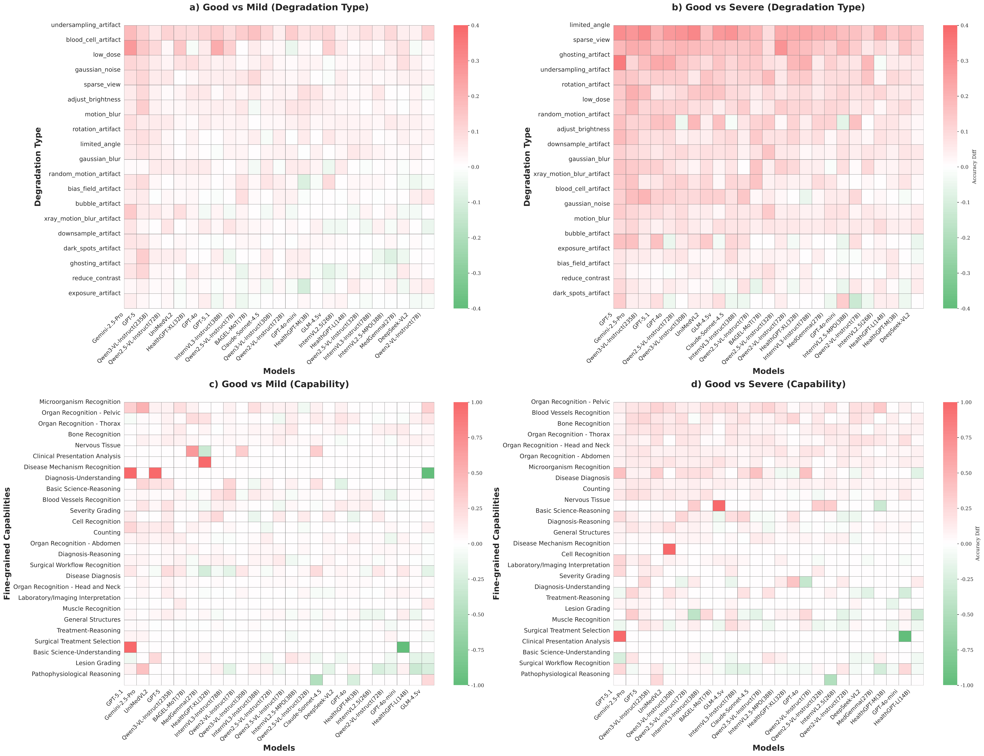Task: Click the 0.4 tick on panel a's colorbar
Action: pos(475,26)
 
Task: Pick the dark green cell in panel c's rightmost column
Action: pos(428,473)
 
